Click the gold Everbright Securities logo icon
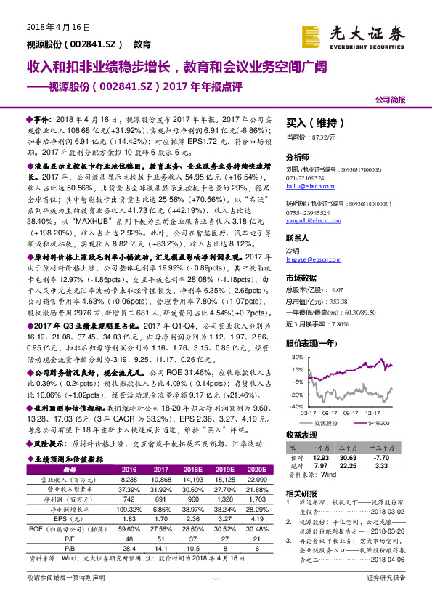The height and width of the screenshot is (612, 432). point(312,34)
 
